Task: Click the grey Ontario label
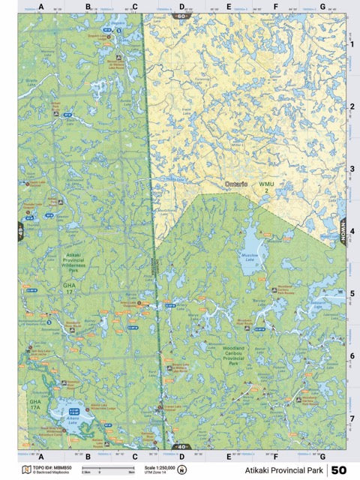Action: (239, 183)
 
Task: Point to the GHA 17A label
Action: (34, 406)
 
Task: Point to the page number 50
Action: (338, 470)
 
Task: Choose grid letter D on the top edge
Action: (181, 7)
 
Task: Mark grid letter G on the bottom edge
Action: (322, 456)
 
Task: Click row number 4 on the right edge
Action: (352, 232)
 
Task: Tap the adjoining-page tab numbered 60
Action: (181, 15)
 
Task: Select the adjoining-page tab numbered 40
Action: (181, 447)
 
